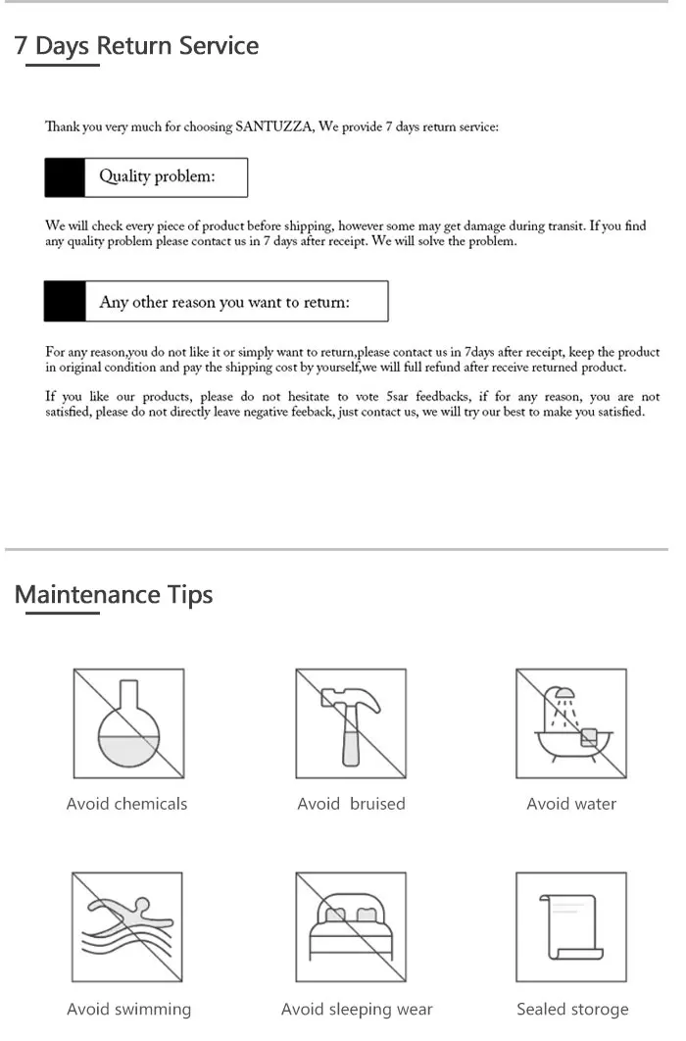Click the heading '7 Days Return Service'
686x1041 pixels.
pos(137,46)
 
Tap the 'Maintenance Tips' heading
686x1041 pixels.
pos(114,595)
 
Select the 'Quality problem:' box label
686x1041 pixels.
pos(157,177)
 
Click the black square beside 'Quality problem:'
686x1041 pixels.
pos(65,177)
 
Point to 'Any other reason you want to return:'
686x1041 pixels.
pos(224,302)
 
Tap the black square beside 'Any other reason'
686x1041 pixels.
pos(65,302)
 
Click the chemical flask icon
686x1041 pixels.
pos(128,724)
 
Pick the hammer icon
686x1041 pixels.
pos(351,724)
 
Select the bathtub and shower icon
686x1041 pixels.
pos(571,724)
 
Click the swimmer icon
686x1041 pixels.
pos(128,926)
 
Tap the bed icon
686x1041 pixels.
pos(351,926)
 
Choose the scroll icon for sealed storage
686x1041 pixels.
pos(571,926)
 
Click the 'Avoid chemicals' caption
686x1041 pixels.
pos(126,804)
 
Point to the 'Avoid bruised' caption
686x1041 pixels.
pos(351,804)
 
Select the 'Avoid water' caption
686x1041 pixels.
pos(571,804)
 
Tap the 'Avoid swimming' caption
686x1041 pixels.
pos(128,1009)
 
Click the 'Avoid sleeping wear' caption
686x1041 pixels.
pos(357,1009)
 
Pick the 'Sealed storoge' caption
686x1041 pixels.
pos(572,1009)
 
